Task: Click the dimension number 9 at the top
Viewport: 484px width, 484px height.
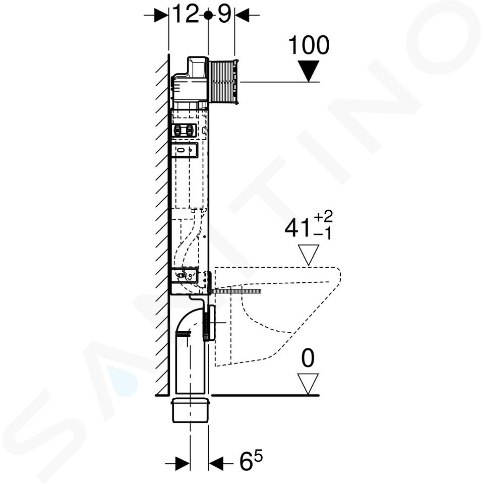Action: point(224,14)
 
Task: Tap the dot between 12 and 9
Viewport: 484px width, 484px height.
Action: point(208,14)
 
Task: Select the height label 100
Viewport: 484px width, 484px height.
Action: point(309,45)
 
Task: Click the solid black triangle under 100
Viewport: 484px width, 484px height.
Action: point(309,71)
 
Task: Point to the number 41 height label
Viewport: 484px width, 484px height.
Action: point(297,228)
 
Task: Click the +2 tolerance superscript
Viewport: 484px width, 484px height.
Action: point(323,216)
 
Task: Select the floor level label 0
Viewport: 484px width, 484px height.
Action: point(308,358)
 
